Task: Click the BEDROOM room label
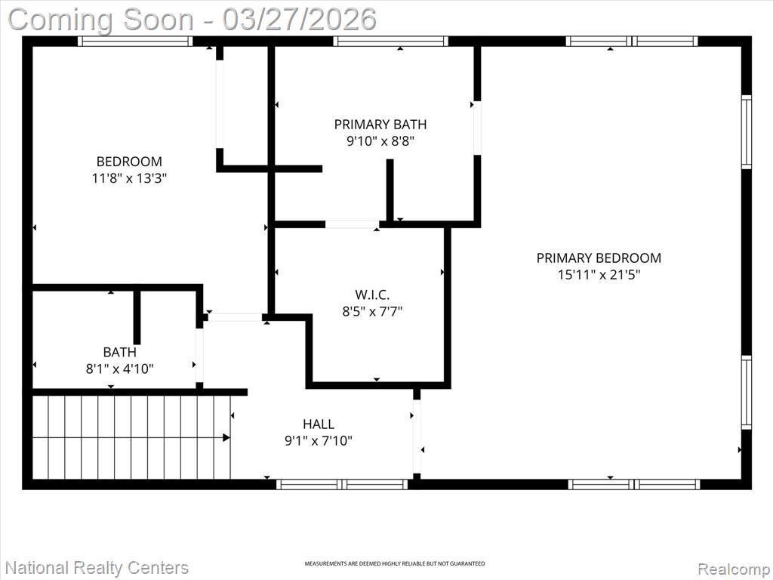click(129, 162)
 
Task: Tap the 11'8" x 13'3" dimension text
click(129, 178)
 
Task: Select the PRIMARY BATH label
click(380, 125)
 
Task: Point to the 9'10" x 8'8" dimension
click(380, 141)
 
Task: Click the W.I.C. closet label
click(372, 295)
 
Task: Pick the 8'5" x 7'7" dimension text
click(372, 312)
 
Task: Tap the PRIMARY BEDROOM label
click(599, 258)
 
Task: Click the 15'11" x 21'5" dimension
click(599, 275)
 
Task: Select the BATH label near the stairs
click(120, 352)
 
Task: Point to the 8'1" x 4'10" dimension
click(120, 369)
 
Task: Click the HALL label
click(319, 424)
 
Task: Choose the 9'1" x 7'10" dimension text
click(319, 440)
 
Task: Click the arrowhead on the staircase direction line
click(226, 437)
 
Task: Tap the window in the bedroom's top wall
click(135, 42)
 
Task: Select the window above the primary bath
click(390, 42)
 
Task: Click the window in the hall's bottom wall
click(342, 484)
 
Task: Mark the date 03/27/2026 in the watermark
click(299, 20)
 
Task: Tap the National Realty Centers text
click(97, 568)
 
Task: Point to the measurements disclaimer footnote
click(394, 563)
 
